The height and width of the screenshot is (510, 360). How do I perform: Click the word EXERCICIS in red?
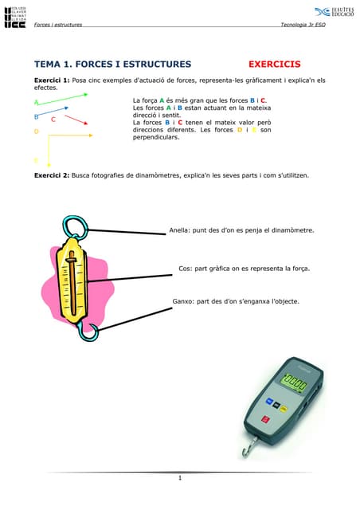pyautogui.click(x=275, y=64)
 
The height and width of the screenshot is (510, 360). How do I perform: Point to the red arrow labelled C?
pyautogui.click(x=75, y=120)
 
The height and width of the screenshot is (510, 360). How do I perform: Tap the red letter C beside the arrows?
pyautogui.click(x=53, y=120)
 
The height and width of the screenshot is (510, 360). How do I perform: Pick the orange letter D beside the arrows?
pyautogui.click(x=37, y=131)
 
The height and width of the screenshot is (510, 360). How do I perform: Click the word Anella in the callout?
pyautogui.click(x=178, y=230)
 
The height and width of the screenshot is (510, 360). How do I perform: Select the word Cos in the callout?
pyautogui.click(x=185, y=269)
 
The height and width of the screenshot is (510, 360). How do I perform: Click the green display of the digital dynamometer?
pyautogui.click(x=295, y=383)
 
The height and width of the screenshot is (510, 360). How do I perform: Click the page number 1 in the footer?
pyautogui.click(x=181, y=478)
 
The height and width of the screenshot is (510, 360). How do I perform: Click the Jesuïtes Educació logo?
pyautogui.click(x=334, y=12)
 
